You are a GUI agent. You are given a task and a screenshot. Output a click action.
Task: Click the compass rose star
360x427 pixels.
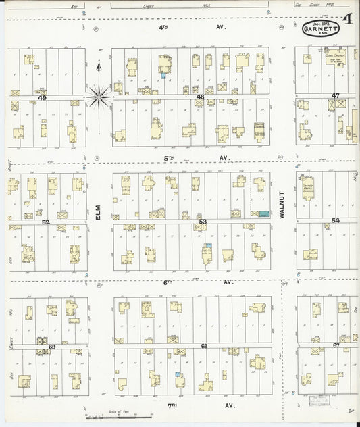[x=99, y=97]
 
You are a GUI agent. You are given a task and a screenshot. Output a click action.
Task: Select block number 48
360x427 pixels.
[x=200, y=97]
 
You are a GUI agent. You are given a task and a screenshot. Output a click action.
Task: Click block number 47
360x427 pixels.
[x=336, y=96]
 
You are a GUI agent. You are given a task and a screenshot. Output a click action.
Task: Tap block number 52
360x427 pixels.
[x=46, y=221]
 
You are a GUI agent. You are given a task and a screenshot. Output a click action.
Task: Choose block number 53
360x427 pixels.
[x=202, y=221]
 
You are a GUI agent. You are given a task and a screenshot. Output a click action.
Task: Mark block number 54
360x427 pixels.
[x=335, y=220]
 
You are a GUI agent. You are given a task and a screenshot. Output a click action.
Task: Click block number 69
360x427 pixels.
[x=51, y=346]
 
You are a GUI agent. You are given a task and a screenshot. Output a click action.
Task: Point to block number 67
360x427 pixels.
[x=336, y=345]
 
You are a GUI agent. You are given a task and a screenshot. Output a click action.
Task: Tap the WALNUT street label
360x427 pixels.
[x=282, y=201]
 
